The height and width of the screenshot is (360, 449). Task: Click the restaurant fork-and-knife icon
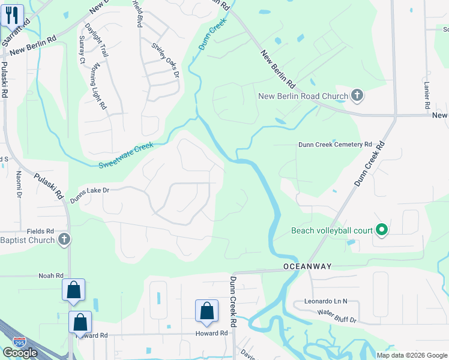click(x=12, y=15)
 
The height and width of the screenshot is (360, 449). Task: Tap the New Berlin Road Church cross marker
click(x=357, y=95)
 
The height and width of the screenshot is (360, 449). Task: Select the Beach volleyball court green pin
click(x=381, y=230)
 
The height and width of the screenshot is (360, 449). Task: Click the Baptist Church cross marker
click(x=64, y=240)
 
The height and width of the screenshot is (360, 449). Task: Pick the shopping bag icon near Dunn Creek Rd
click(x=206, y=310)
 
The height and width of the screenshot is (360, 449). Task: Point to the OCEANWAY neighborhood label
click(x=308, y=266)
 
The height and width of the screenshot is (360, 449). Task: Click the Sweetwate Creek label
click(x=126, y=155)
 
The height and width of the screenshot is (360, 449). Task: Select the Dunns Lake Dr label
click(x=89, y=192)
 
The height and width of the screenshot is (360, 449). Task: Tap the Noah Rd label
click(x=51, y=275)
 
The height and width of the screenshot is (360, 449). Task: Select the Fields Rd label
click(x=40, y=230)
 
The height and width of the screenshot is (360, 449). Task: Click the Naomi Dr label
click(x=19, y=184)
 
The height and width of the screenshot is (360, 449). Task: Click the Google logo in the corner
click(x=20, y=352)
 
